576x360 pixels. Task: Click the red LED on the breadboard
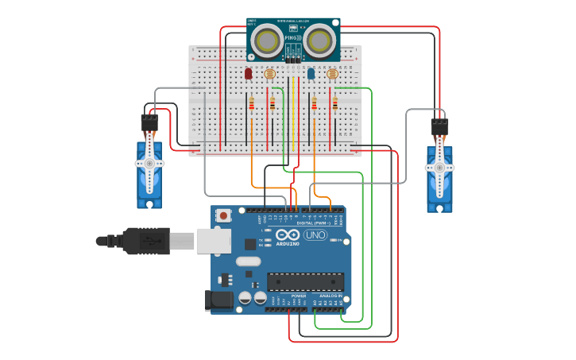tap(248, 73)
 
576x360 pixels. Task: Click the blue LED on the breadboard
tap(311, 73)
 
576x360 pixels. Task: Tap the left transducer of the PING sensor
tap(270, 38)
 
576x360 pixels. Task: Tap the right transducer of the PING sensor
tap(319, 38)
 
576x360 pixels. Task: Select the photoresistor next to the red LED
tap(269, 74)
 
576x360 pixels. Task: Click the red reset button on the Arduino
tap(224, 215)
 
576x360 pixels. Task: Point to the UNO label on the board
tap(315, 235)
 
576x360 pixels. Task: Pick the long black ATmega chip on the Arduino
tap(306, 281)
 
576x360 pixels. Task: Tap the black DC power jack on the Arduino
tap(218, 300)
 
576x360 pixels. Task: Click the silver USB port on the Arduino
tap(214, 240)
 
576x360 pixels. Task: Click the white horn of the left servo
tap(149, 163)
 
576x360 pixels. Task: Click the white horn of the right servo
tap(439, 167)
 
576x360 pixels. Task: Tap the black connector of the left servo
tap(149, 122)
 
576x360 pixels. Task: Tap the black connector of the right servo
tap(439, 126)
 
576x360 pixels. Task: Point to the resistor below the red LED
tap(252, 103)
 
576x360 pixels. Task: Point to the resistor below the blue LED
tap(314, 103)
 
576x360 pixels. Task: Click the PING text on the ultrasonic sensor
tap(291, 37)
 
